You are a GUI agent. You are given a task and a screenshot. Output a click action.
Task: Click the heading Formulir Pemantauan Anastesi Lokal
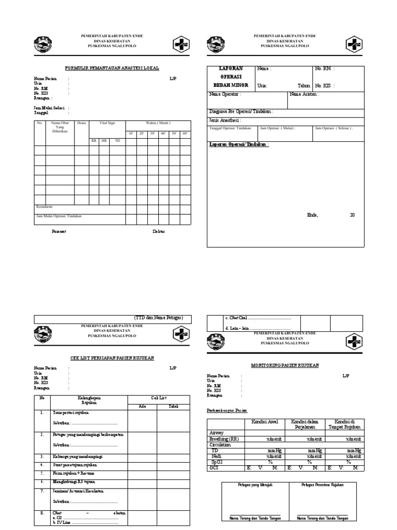point(112,68)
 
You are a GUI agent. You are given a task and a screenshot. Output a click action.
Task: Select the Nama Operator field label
point(225,95)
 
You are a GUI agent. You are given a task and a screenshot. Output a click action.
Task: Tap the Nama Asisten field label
point(304,95)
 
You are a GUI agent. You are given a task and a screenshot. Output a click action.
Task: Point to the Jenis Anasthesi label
point(225,120)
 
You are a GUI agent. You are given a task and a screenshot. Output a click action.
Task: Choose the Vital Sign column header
point(107,123)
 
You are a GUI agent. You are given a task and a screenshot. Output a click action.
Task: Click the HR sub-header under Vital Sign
point(104,140)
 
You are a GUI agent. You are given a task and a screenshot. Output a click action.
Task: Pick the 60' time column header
point(185,134)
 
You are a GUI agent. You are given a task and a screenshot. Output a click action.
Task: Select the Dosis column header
point(81,123)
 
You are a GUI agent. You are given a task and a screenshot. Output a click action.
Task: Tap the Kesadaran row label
point(44,207)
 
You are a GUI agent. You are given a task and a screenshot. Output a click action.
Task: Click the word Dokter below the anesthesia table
point(158,231)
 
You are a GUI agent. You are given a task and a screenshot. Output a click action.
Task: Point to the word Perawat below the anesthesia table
point(59,231)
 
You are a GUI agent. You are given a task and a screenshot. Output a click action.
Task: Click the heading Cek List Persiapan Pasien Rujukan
point(112,358)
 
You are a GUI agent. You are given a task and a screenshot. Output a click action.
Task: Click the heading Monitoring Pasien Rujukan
point(285,365)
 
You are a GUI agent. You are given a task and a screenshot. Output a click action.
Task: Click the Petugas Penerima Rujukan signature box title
point(323,485)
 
